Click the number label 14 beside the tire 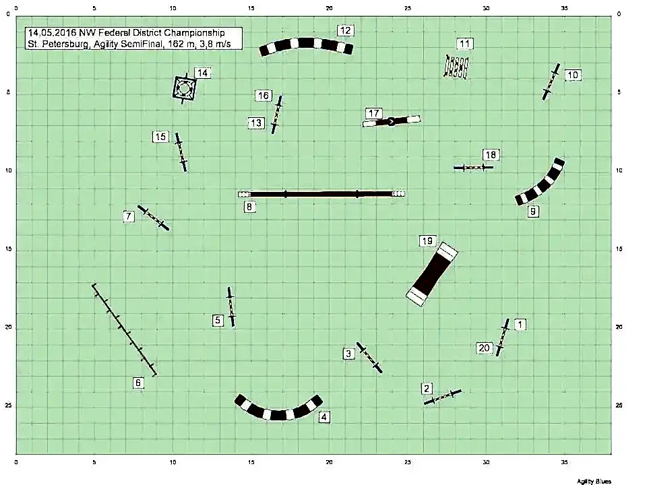(202, 73)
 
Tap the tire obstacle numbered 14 (183, 88)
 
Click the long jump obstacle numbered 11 (456, 67)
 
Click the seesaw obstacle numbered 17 (391, 121)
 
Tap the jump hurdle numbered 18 (473, 168)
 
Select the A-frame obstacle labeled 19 (432, 274)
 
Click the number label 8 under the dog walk (249, 207)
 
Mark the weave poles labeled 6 (124, 329)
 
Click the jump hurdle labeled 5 (231, 307)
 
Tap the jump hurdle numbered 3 (369, 358)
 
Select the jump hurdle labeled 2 (442, 397)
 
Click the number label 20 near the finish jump (484, 348)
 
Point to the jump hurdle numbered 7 (153, 218)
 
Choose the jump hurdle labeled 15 (181, 152)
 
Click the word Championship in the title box (194, 33)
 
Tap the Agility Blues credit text (594, 481)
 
